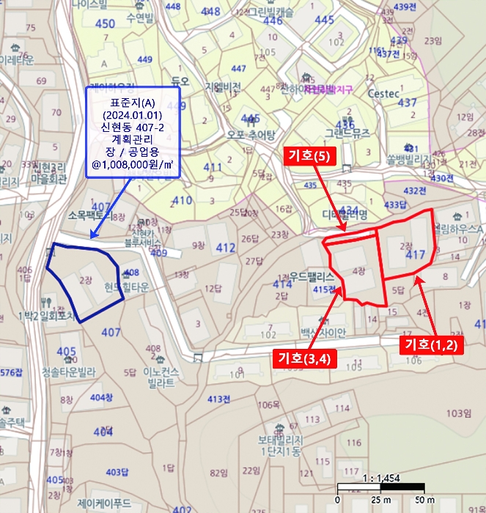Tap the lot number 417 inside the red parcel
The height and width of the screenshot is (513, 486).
pos(415,255)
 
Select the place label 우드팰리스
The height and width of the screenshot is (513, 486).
pos(312,278)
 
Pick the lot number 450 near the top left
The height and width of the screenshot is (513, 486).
pos(105,24)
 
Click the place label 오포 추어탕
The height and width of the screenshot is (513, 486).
pos(250,134)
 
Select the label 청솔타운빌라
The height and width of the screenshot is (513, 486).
pos(69,371)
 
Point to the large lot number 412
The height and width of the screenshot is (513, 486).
pos(226,248)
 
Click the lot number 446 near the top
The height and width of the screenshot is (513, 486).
pos(273,21)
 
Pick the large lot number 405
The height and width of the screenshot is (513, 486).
pos(67,352)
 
